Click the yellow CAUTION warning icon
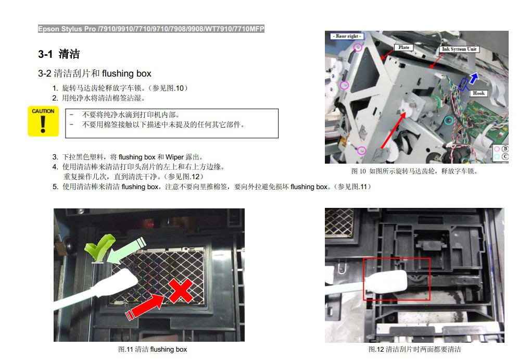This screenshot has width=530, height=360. coord(43,121)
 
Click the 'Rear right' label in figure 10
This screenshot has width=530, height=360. coord(347,36)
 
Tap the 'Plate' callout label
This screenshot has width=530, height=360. coord(403,47)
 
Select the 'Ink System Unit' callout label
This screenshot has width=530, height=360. coord(459,49)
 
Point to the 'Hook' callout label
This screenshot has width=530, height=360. coord(478,93)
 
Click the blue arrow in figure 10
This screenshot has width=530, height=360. coord(474,78)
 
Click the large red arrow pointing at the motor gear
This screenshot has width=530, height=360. coord(394,130)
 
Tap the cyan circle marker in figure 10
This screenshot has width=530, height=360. coord(449,120)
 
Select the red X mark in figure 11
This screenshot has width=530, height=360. coord(181,291)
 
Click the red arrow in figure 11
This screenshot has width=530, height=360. coord(145,306)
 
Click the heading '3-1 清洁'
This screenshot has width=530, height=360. coord(59,54)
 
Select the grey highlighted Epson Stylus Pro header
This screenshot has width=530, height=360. coord(151,29)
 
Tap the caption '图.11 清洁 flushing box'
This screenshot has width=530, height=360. coord(153,349)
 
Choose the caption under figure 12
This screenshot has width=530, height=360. coord(414,349)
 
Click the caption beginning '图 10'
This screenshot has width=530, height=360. coord(414,171)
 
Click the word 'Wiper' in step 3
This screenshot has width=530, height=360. coord(174,157)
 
